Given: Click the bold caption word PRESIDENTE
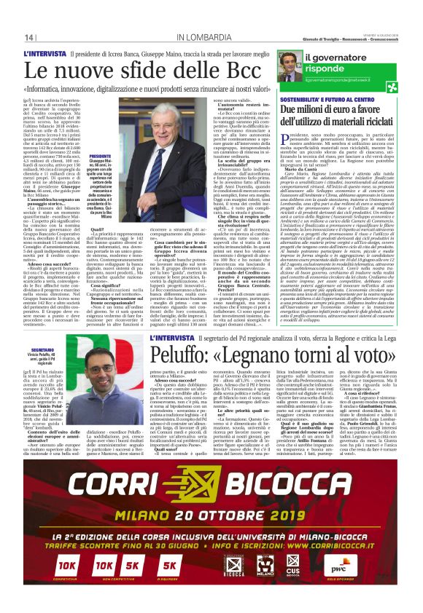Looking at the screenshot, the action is pos(99,156).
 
